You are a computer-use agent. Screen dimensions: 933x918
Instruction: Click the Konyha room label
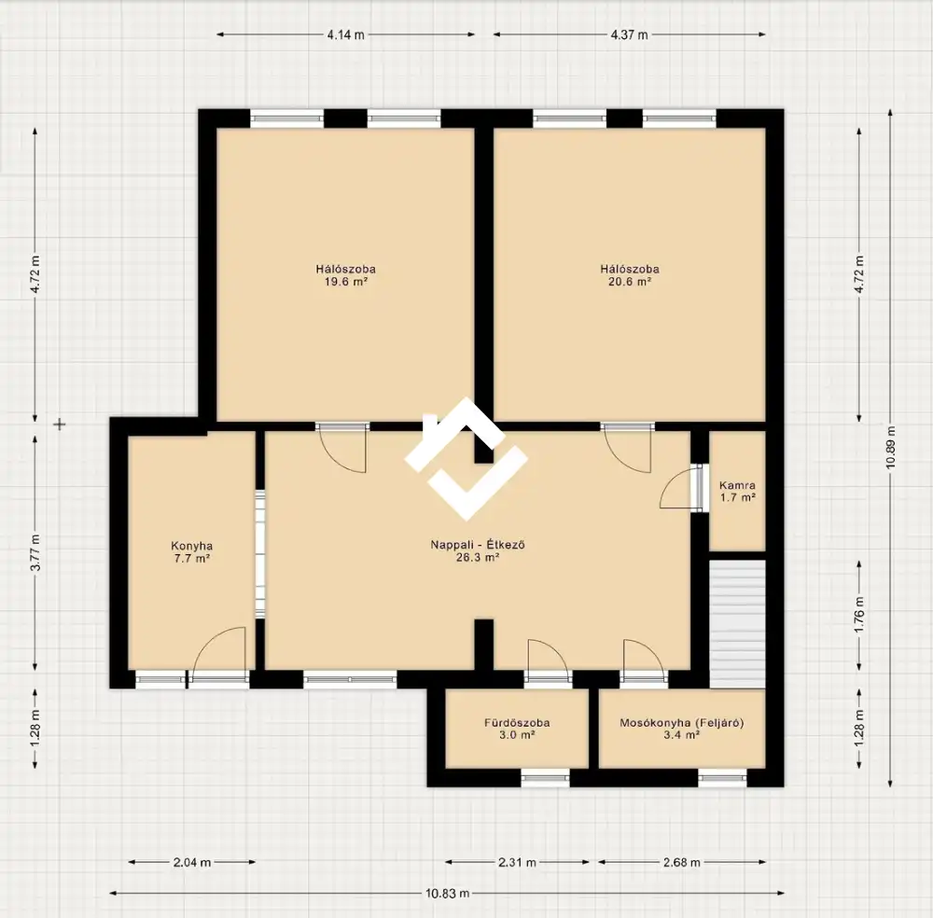191,546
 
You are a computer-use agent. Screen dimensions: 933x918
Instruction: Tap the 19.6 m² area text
346,282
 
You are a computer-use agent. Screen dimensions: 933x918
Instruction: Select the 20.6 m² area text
630,282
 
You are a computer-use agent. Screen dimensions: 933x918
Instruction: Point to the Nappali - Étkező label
478,545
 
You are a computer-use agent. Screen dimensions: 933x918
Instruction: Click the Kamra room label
737,485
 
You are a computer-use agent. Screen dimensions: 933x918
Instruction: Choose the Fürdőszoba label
517,723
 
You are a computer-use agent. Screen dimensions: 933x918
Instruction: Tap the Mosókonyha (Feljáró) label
682,723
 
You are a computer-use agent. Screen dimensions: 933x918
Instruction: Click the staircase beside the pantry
737,624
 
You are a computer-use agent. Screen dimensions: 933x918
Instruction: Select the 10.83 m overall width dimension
448,893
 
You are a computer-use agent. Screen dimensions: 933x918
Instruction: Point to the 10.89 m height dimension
890,448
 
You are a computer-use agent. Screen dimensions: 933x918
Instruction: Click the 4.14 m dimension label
346,35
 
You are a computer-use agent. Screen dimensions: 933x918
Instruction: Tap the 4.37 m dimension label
629,35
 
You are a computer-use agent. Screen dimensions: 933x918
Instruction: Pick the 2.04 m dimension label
192,862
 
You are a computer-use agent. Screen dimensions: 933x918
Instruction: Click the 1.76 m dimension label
859,615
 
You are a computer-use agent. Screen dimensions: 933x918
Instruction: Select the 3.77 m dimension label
35,552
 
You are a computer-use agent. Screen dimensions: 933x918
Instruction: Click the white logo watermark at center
466,459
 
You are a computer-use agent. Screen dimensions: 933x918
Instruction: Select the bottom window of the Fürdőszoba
545,777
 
